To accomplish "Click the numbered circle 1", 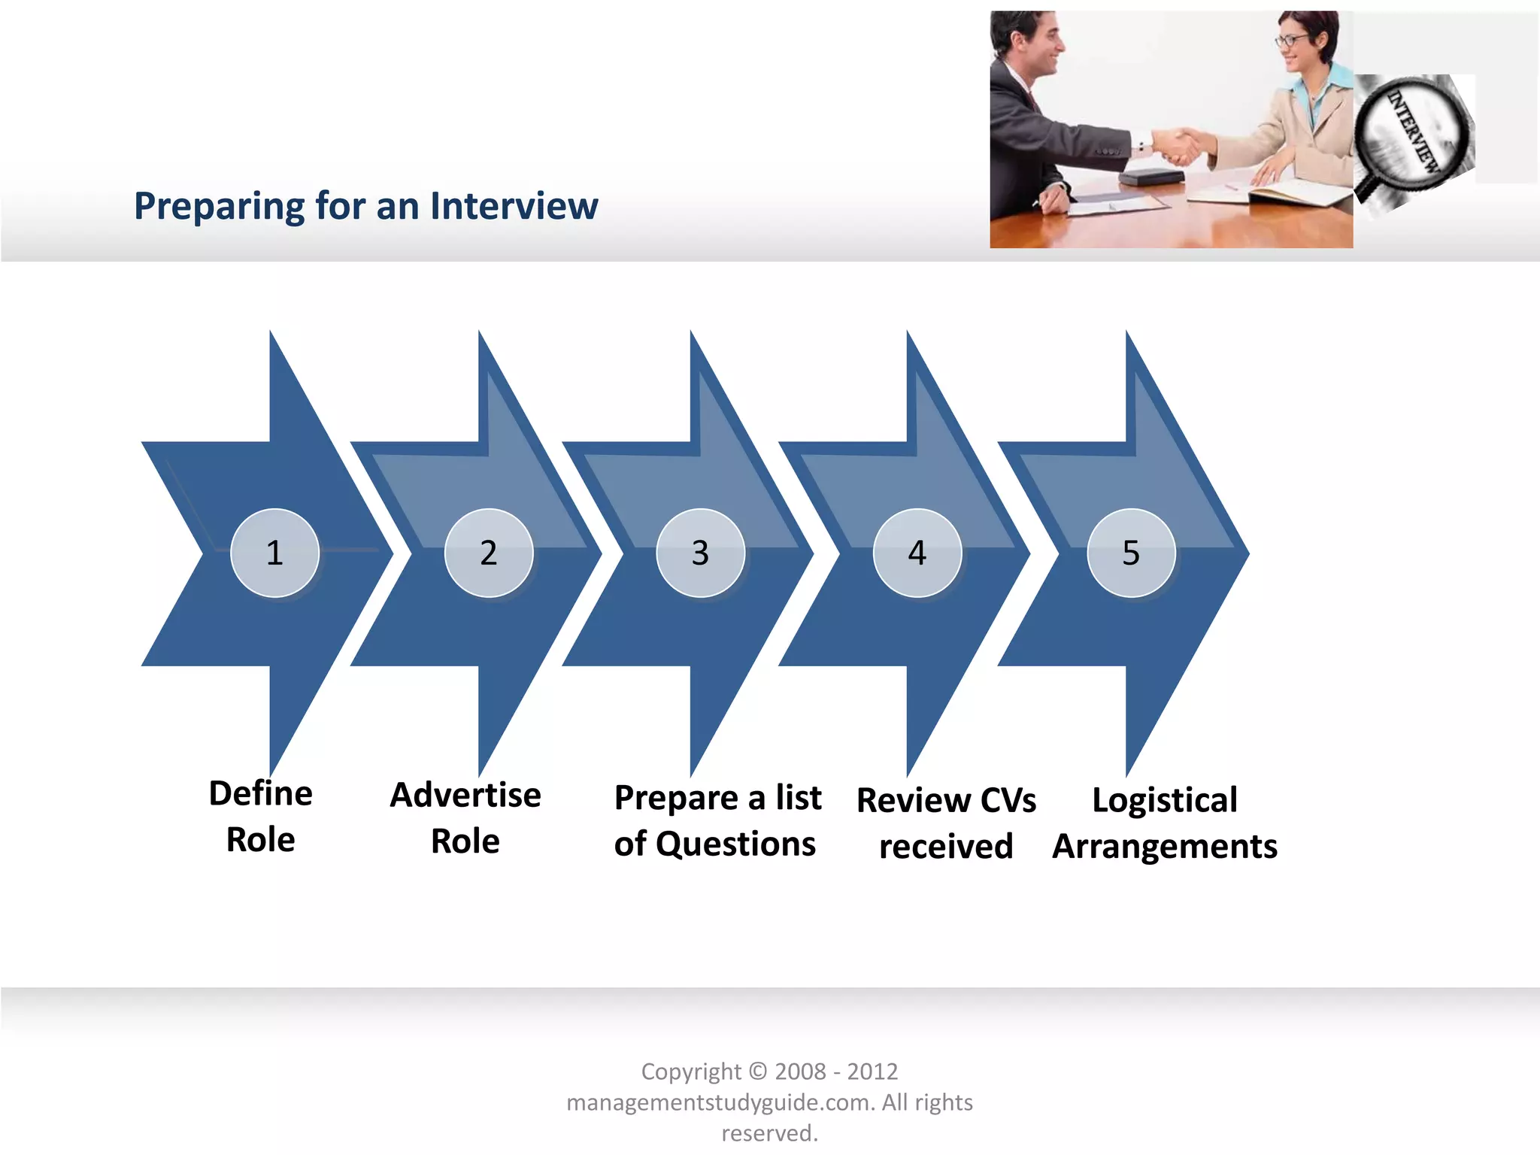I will (x=274, y=553).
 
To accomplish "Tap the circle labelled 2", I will (x=489, y=553).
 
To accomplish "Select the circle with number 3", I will (x=700, y=553).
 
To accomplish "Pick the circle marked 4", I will (x=917, y=553).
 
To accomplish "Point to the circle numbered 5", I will (x=1131, y=553).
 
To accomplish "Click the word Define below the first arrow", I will (x=260, y=794).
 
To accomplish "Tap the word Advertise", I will (x=465, y=796).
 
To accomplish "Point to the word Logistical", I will (x=1164, y=800).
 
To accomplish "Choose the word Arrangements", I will (x=1164, y=847).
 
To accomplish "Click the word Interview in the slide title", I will (x=514, y=206).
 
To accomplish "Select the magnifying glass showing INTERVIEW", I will (x=1411, y=132).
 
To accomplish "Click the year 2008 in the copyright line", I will (x=799, y=1072).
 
